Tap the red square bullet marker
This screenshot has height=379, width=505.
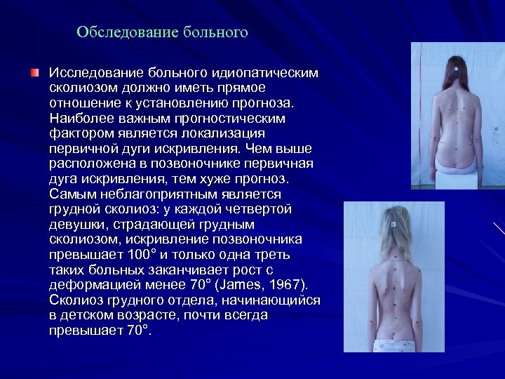[35, 73]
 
